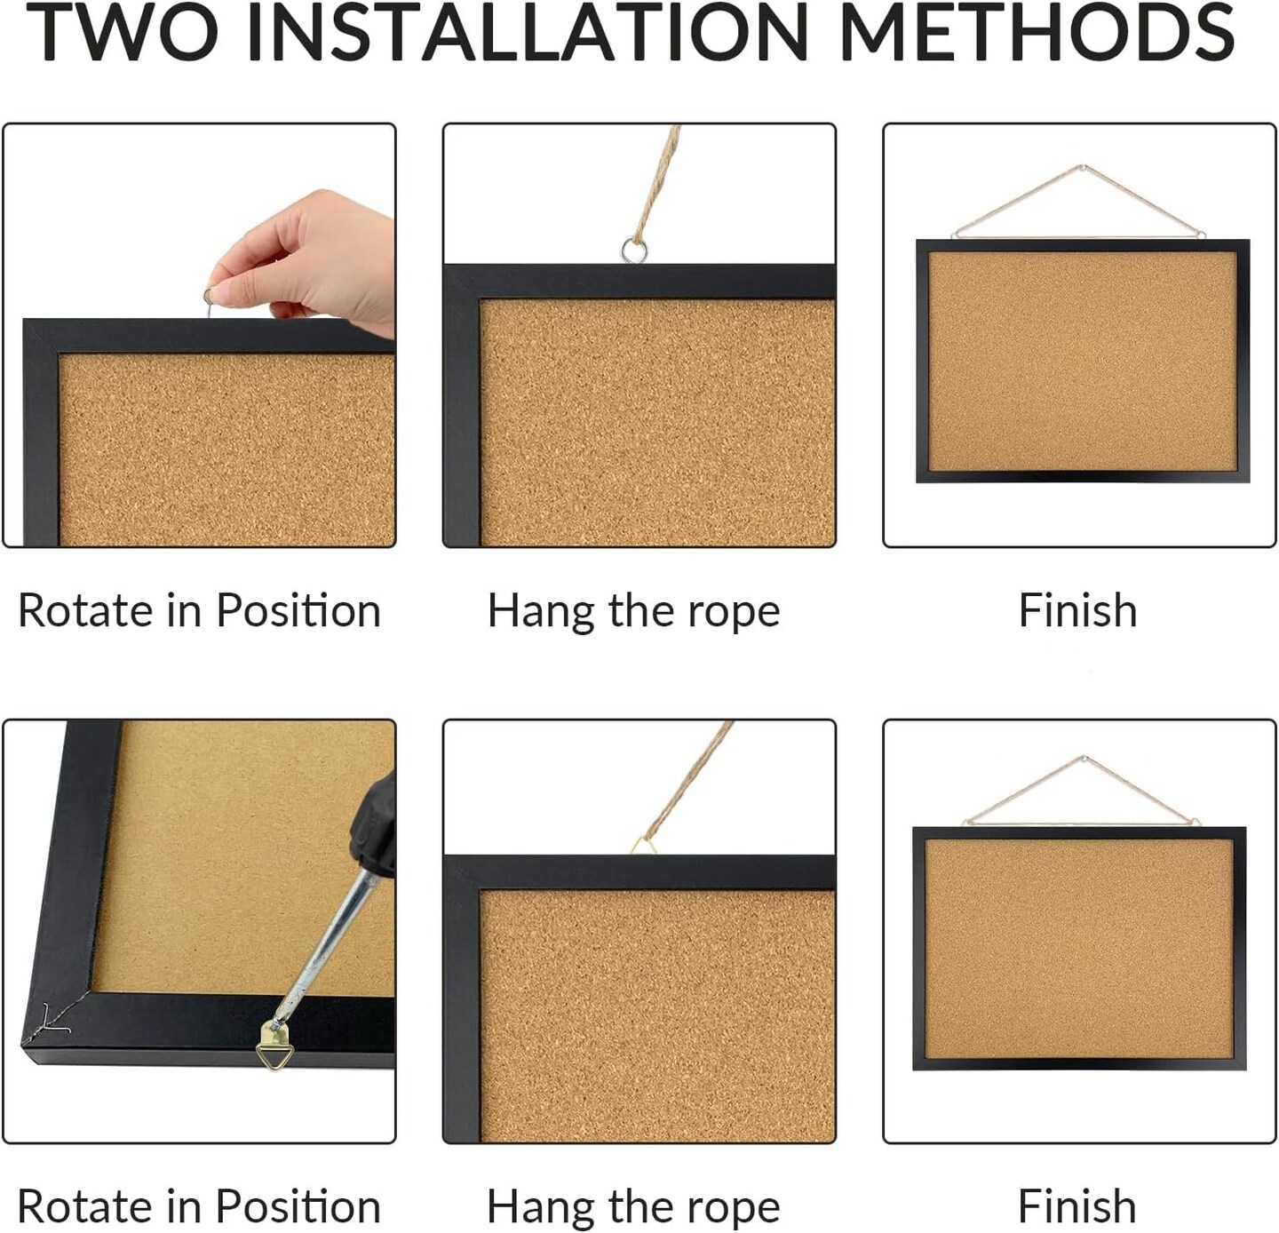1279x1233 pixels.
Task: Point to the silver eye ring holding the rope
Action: [x=634, y=250]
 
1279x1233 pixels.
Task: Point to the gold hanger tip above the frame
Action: [x=644, y=844]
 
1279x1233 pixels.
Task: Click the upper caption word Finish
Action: [x=1077, y=610]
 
